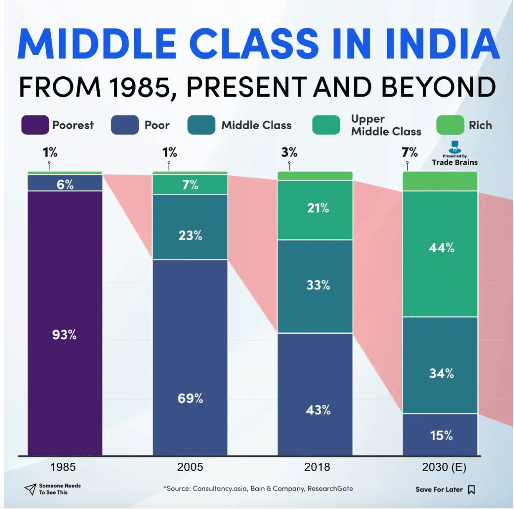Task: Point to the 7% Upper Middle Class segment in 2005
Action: (190, 185)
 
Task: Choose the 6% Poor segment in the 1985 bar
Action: (65, 183)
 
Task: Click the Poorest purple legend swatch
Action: (35, 125)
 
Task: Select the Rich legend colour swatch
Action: (450, 125)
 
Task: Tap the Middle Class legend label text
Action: (256, 125)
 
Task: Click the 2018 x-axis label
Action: (317, 467)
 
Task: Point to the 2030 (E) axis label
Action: (444, 467)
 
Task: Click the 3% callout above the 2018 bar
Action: (289, 152)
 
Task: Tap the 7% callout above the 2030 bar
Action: (409, 152)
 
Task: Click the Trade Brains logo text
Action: (455, 162)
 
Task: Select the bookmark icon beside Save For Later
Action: (471, 489)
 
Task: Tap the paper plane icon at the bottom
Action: (30, 489)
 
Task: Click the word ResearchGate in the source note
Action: (330, 489)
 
